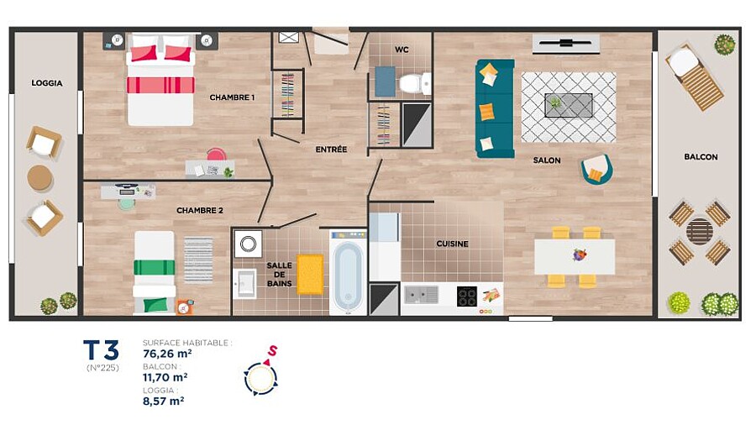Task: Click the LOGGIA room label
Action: point(47,83)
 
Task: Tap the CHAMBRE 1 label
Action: point(232,97)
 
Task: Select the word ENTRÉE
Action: point(331,150)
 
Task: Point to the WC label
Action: point(402,50)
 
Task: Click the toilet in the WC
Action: point(415,83)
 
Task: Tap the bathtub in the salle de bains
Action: point(348,273)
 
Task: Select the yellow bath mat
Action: point(310,274)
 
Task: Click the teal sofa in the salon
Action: point(495,109)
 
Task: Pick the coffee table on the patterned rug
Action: point(569,105)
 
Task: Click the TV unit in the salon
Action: point(566,44)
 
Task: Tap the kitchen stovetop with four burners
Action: point(467,296)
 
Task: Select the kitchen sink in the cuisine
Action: point(422,295)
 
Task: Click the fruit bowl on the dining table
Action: point(580,254)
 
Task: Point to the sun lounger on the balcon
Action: point(695,76)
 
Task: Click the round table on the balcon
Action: point(699,232)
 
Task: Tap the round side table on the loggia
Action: point(40,178)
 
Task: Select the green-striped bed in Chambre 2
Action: point(155,272)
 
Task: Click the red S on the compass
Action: point(273,351)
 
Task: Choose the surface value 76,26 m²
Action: point(167,354)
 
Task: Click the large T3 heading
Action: point(102,350)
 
